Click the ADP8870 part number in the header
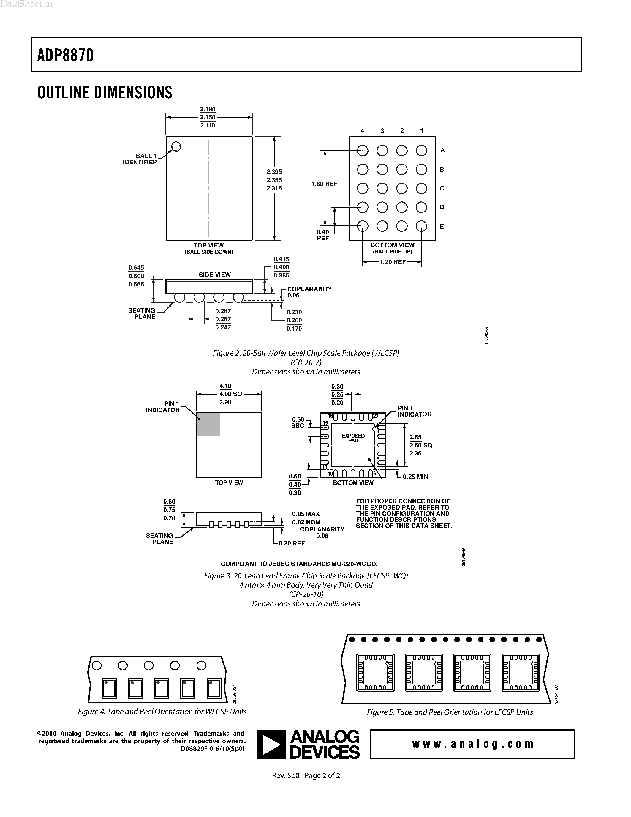click(65, 55)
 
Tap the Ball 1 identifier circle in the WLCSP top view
click(176, 146)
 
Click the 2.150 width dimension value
click(208, 117)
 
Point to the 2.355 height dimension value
click(274, 180)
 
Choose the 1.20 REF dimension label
click(393, 262)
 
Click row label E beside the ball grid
click(442, 227)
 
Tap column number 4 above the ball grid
click(362, 130)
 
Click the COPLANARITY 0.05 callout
click(309, 292)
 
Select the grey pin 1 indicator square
click(208, 425)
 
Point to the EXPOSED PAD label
click(353, 438)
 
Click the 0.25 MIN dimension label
click(415, 477)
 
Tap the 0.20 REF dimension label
click(292, 543)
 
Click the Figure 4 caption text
click(162, 712)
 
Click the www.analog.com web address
click(472, 744)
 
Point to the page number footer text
click(306, 775)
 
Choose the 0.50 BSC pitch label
click(298, 423)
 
